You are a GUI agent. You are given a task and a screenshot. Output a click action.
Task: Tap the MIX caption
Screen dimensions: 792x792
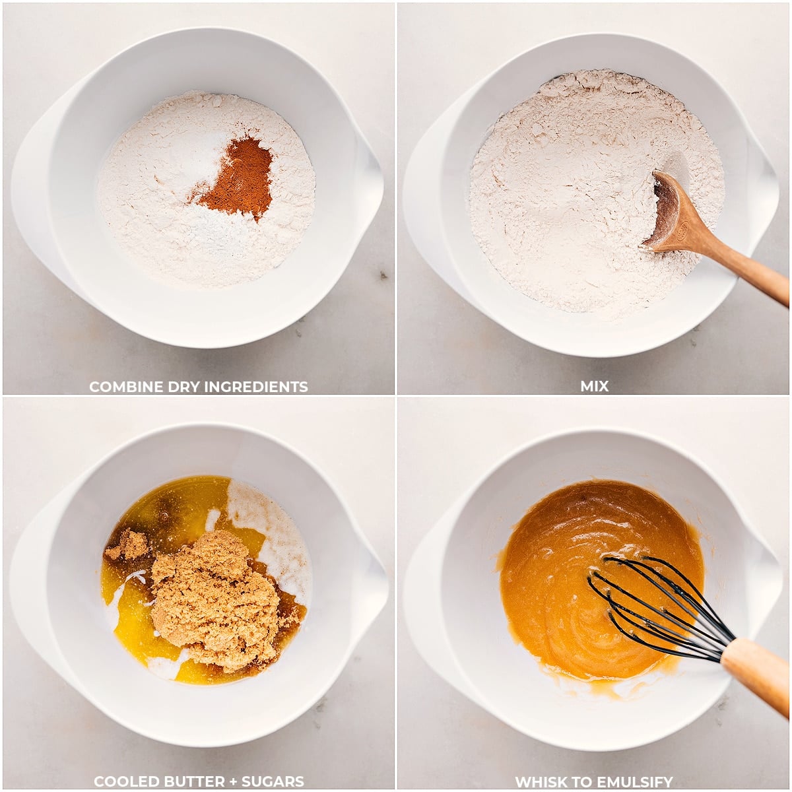tap(594, 387)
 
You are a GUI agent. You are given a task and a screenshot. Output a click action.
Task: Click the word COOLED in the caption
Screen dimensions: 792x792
tap(119, 782)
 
